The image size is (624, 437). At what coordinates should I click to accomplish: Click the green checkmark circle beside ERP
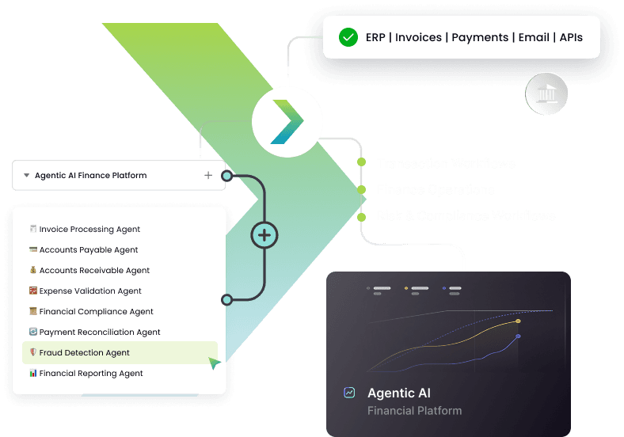coord(348,37)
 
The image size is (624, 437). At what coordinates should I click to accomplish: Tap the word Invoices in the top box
coord(420,37)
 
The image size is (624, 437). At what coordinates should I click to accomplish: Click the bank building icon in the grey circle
coord(546,94)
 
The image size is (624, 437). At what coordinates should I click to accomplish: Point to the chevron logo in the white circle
coord(287,122)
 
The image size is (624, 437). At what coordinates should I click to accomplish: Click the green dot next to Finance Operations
coord(361,190)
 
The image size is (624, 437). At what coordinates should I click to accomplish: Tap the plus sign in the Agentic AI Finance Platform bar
coord(208,176)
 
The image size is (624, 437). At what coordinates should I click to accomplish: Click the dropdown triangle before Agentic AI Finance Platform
coord(27,176)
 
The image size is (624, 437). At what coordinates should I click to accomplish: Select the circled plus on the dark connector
coord(264,235)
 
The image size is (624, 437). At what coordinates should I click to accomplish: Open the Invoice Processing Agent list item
coord(89,230)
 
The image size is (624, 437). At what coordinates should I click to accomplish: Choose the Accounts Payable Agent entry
coord(89,250)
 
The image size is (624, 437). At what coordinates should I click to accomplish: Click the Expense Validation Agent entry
coord(90,291)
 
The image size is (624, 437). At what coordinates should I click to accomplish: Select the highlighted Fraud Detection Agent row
coord(119,353)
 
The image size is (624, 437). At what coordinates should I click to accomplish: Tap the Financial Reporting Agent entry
coord(91,374)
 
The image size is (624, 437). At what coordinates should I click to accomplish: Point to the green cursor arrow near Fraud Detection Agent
coord(215,363)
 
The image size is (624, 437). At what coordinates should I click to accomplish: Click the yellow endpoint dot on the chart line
coord(518,321)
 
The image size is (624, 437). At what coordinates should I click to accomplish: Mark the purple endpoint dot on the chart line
coord(518,336)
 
